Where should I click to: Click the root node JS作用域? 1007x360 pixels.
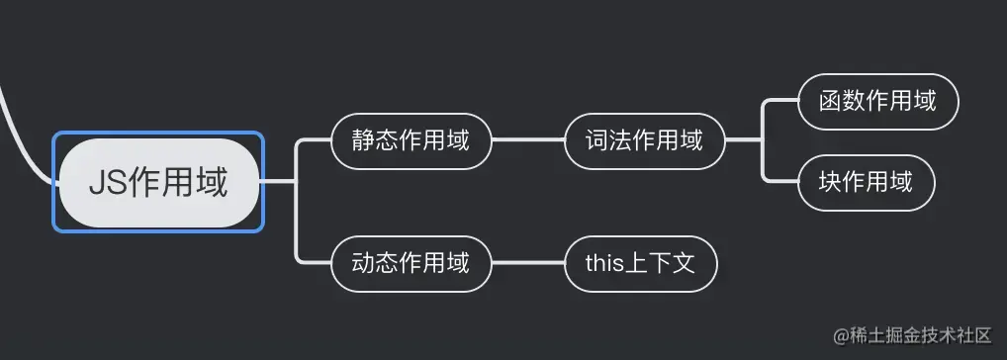tap(159, 182)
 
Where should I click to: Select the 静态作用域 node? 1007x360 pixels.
tap(411, 139)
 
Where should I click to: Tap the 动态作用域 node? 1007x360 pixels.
tap(411, 263)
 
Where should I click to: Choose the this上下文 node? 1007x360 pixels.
tap(641, 263)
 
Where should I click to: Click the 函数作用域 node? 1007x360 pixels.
tap(877, 101)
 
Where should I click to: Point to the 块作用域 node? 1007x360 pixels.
tap(866, 182)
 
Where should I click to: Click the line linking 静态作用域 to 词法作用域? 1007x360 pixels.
tap(527, 139)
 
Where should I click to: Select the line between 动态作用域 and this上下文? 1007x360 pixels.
tap(527, 263)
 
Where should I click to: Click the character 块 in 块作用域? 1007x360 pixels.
tap(831, 182)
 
